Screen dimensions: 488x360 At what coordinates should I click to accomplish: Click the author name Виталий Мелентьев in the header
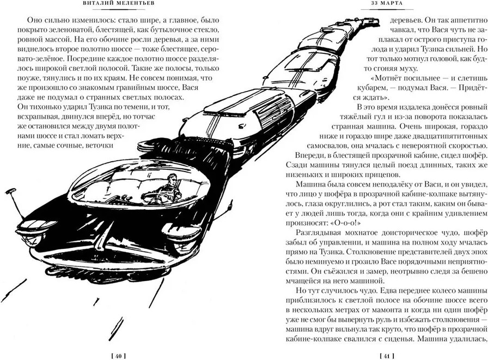click(115, 3)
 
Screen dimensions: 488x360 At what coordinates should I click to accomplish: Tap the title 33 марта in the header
click(387, 3)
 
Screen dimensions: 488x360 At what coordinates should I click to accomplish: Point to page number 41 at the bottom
click(387, 356)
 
